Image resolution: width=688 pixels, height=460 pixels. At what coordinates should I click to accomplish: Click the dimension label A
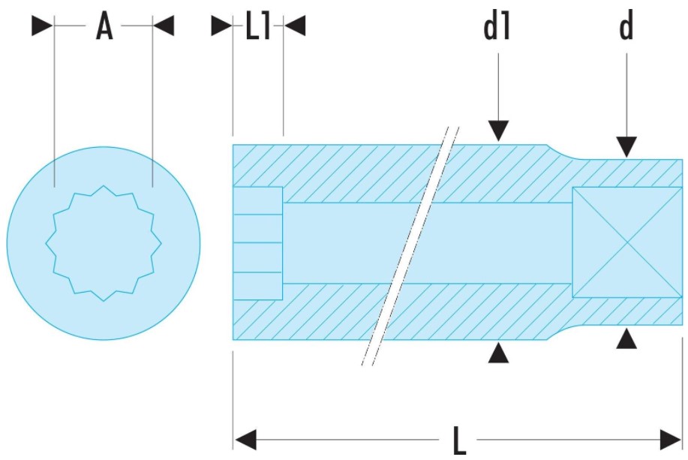tap(104, 27)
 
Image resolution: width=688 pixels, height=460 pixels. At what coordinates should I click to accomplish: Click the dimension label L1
tap(257, 27)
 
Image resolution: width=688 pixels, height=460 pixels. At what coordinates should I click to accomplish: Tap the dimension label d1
tap(497, 27)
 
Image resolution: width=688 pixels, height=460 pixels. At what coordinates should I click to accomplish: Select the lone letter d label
tap(626, 27)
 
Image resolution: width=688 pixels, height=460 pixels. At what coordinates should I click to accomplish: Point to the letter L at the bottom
tap(459, 438)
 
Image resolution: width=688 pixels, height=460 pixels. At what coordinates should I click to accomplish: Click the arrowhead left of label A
tap(42, 27)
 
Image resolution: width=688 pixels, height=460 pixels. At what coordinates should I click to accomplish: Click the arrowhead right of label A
tap(163, 27)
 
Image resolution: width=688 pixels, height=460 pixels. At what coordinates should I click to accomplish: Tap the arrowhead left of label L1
tap(221, 27)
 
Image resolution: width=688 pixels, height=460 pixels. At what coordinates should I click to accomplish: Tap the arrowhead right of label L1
tap(296, 27)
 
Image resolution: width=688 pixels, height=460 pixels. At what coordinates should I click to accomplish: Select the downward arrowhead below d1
tap(498, 131)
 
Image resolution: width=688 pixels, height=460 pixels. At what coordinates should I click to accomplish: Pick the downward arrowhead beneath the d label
tap(626, 147)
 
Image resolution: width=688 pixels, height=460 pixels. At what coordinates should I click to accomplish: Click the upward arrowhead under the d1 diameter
tap(498, 353)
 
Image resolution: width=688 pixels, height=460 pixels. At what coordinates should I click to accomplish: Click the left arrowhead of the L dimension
tap(246, 438)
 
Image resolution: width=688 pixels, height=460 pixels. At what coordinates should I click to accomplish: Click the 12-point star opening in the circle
tap(104, 242)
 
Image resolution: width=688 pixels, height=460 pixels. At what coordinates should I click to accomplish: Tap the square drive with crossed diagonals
tap(627, 242)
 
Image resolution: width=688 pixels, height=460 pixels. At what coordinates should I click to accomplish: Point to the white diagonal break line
tap(410, 244)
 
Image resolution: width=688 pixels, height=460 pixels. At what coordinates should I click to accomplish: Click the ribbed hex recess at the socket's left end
tap(257, 242)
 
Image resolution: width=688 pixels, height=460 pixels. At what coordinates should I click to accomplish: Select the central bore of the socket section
tap(345, 242)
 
